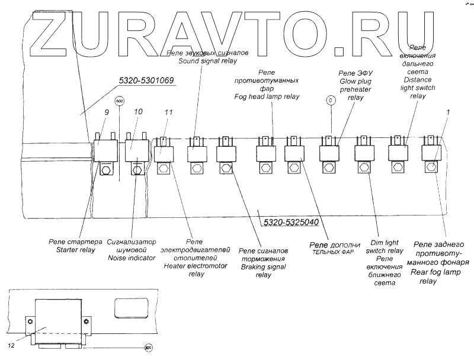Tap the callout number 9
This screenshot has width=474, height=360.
[x=107, y=112]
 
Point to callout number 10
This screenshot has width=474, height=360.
[x=139, y=112]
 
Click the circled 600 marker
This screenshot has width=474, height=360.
[x=120, y=101]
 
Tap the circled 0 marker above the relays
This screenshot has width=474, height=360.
[x=331, y=100]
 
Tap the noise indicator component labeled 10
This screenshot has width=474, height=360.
[x=136, y=148]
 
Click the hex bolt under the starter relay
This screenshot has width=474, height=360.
[x=107, y=171]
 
